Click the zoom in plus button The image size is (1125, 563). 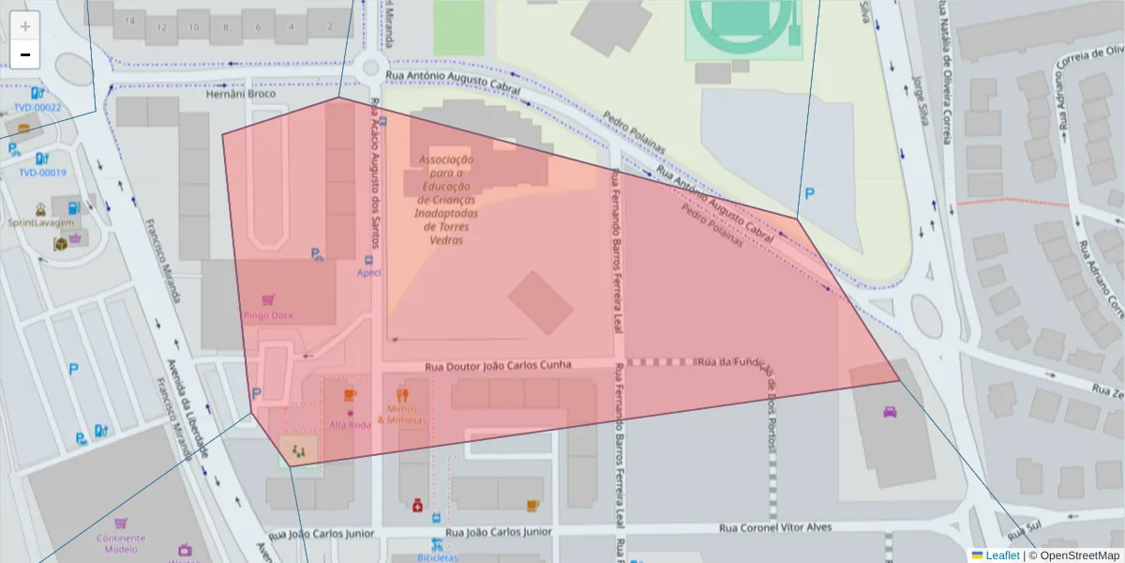click(25, 26)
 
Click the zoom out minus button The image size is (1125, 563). click(25, 54)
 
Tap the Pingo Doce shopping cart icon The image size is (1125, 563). click(268, 300)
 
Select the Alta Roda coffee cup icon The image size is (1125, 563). click(350, 395)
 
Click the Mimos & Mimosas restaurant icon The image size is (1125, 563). click(403, 395)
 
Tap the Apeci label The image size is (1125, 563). click(368, 273)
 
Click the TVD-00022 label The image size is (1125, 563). click(37, 107)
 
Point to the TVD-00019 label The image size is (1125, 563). click(42, 173)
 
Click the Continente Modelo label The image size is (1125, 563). click(121, 543)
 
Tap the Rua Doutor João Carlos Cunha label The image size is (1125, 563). click(498, 366)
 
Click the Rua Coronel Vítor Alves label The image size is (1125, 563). click(775, 527)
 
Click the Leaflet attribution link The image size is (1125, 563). click(1002, 555)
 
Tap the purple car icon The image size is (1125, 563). click(890, 411)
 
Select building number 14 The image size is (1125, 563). click(129, 21)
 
